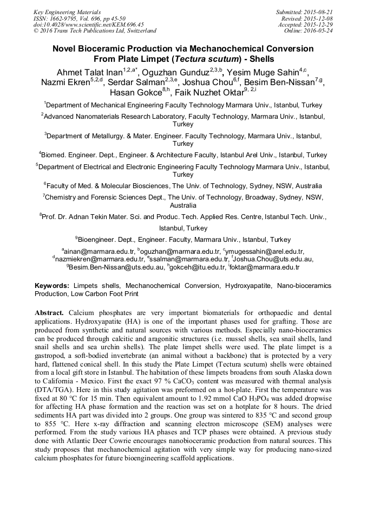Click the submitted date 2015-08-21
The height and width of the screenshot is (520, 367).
coord(318,11)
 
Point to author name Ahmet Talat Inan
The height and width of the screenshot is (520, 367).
coord(89,72)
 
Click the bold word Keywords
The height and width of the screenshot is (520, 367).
coord(52,285)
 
